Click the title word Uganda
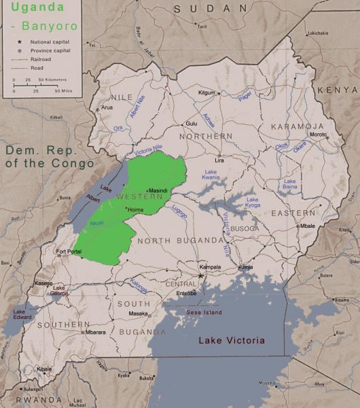coord(28,10)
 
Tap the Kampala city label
coord(209,267)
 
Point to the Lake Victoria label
coord(232,340)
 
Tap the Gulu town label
coord(192,124)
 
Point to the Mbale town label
coord(308,226)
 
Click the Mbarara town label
coord(96,332)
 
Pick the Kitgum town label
coord(206,92)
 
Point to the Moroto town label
coord(319,134)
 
